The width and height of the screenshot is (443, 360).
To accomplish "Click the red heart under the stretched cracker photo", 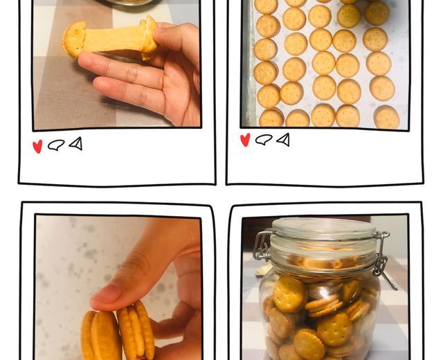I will pyautogui.click(x=37, y=146).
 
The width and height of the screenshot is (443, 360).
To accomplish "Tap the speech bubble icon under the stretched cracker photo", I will pyautogui.click(x=56, y=145).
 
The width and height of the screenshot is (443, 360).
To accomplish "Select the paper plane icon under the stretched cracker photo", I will pyautogui.click(x=75, y=143).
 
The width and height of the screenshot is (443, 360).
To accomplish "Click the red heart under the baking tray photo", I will pyautogui.click(x=245, y=140).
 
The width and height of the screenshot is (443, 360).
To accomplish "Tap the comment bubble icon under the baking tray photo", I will pyautogui.click(x=264, y=139).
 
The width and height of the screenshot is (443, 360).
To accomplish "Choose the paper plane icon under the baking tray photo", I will pyautogui.click(x=283, y=139).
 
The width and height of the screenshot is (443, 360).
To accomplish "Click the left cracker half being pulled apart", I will pyautogui.click(x=73, y=39).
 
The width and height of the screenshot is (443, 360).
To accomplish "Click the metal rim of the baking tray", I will pyautogui.click(x=247, y=69).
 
